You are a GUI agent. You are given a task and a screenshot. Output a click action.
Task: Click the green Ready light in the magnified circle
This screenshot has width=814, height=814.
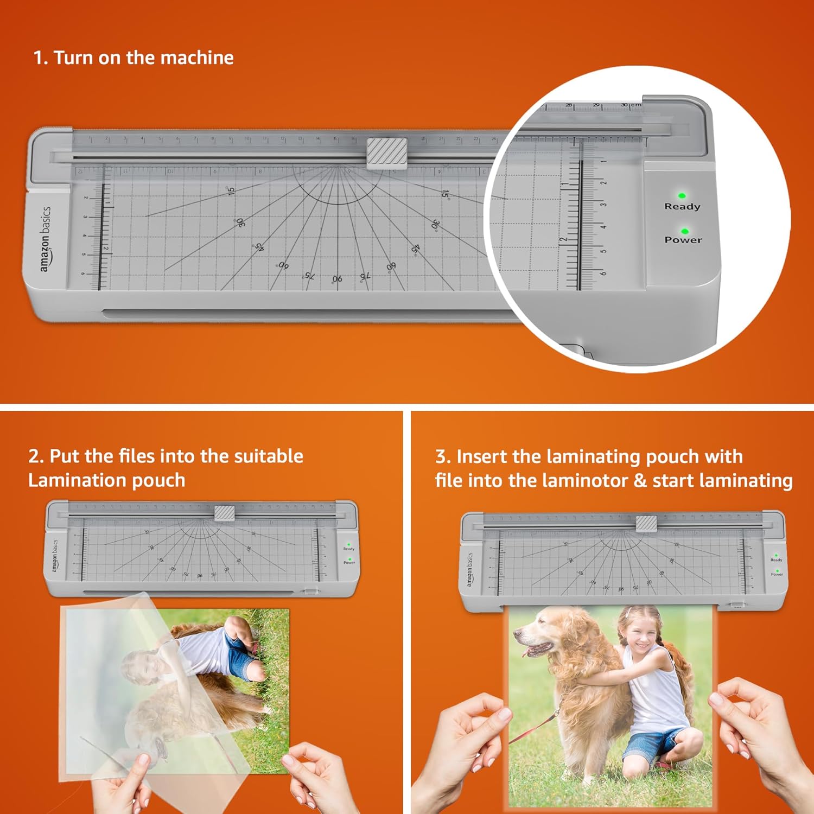[682, 195]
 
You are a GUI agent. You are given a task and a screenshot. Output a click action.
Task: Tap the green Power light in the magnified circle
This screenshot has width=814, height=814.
[684, 231]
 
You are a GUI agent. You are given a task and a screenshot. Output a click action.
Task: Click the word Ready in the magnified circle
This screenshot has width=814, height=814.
[682, 206]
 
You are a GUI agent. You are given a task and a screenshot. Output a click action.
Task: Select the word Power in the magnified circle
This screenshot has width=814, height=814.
[683, 240]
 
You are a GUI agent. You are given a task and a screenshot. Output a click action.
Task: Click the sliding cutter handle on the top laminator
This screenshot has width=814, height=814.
[387, 151]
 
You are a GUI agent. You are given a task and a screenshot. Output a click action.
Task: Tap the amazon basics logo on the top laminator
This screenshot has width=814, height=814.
[46, 239]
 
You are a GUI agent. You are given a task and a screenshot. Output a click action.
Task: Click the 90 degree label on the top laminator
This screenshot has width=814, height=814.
[337, 278]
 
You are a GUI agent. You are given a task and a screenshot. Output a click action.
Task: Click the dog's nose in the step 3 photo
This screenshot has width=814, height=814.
[517, 633]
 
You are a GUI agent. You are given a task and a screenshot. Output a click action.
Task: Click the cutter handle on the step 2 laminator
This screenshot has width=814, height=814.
[225, 513]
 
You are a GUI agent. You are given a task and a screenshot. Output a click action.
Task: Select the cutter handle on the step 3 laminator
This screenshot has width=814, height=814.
[646, 523]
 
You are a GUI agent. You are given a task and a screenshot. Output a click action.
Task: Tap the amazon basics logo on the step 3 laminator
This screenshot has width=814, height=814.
[469, 570]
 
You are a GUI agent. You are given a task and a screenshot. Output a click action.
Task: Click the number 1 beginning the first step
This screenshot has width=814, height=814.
[39, 58]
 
